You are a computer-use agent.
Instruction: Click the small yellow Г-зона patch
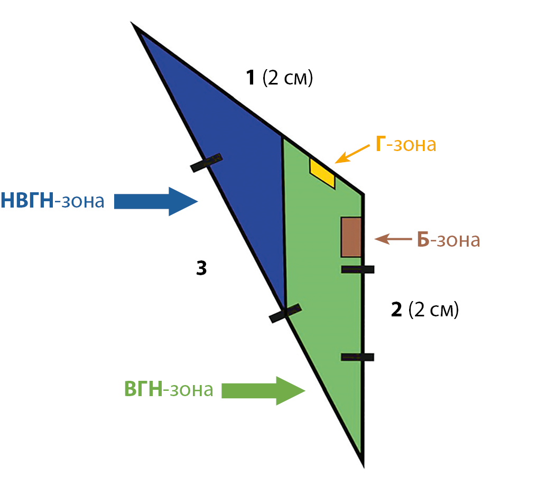click(x=322, y=172)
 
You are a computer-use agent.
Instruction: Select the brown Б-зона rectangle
click(x=351, y=237)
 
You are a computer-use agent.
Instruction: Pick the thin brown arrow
click(x=393, y=239)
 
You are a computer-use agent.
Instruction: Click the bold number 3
click(x=201, y=269)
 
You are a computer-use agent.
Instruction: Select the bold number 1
click(x=251, y=78)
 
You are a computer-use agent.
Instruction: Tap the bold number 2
click(x=396, y=310)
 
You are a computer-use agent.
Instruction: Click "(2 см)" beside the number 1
click(x=288, y=78)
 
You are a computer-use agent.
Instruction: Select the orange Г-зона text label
click(x=406, y=145)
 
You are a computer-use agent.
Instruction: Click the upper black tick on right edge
click(x=358, y=269)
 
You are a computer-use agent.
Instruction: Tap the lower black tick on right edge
click(x=358, y=357)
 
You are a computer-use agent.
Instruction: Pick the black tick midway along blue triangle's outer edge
click(x=206, y=163)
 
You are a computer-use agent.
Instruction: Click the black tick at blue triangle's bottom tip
click(x=285, y=313)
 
